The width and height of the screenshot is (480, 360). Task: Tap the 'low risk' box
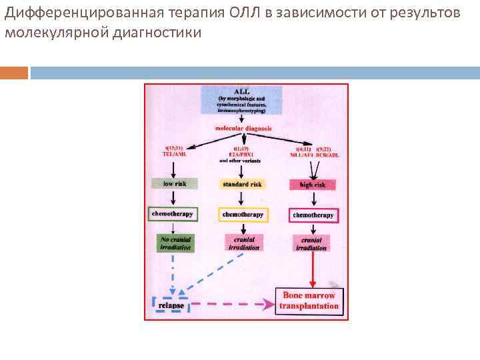(x=173, y=183)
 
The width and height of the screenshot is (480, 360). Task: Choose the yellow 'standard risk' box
(x=241, y=184)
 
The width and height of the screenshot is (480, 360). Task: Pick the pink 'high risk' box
(x=312, y=184)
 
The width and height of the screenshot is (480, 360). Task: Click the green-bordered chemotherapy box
(x=173, y=214)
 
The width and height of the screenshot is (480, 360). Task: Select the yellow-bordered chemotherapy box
(x=241, y=215)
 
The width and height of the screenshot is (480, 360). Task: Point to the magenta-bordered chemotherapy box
(x=313, y=215)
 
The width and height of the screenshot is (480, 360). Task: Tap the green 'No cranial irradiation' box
(x=175, y=243)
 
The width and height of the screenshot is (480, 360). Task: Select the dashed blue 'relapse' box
(x=171, y=305)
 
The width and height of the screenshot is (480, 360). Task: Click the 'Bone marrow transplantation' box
(x=309, y=301)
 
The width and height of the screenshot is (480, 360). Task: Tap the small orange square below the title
(x=14, y=72)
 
